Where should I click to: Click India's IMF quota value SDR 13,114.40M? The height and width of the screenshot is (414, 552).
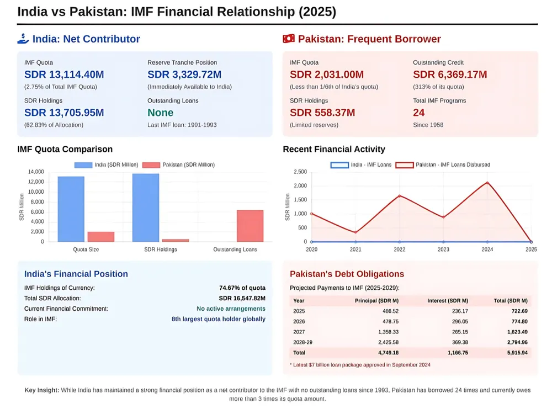pyautogui.click(x=64, y=75)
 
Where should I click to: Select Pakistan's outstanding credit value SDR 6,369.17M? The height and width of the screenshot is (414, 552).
pyautogui.click(x=450, y=75)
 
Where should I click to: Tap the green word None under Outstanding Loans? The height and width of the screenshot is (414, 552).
pyautogui.click(x=160, y=113)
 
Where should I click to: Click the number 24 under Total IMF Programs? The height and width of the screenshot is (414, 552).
pyautogui.click(x=419, y=113)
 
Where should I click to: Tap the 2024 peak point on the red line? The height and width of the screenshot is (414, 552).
pyautogui.click(x=487, y=182)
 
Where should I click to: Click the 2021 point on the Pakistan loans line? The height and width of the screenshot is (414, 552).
pyautogui.click(x=355, y=232)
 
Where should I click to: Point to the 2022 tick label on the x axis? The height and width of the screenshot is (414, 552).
pyautogui.click(x=399, y=250)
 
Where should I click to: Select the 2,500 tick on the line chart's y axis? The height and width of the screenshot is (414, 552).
pyautogui.click(x=300, y=172)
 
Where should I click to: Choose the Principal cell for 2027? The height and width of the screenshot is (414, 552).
pyautogui.click(x=387, y=332)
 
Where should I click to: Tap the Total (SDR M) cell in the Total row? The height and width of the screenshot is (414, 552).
pyautogui.click(x=516, y=352)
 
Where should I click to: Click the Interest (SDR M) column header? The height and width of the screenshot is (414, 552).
pyautogui.click(x=448, y=301)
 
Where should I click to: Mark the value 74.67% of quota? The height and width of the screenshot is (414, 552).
pyautogui.click(x=242, y=288)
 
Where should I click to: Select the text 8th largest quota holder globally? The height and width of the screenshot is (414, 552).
pyautogui.click(x=218, y=319)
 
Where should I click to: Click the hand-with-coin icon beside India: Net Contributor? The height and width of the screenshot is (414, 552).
pyautogui.click(x=23, y=39)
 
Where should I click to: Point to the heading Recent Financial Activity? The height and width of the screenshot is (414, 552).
pyautogui.click(x=334, y=149)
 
